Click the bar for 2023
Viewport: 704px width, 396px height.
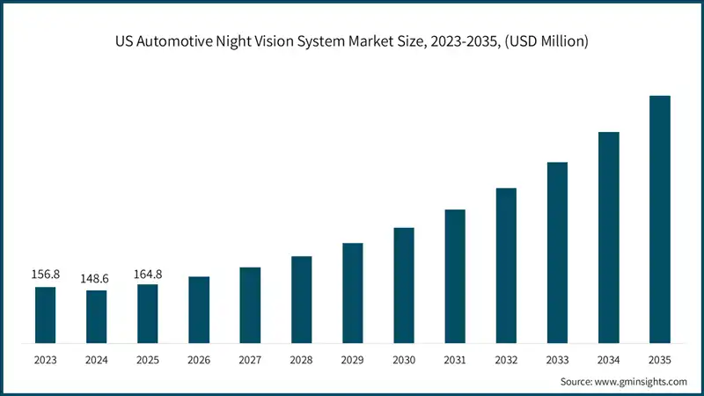point(45,314)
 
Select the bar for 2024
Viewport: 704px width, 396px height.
point(96,316)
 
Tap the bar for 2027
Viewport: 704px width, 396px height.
point(250,304)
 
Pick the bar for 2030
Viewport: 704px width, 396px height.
point(404,284)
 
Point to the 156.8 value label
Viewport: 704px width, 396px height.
point(45,275)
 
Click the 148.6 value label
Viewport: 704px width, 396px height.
point(96,278)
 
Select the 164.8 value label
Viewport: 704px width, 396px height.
point(148,272)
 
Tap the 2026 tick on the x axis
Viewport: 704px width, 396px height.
point(199,358)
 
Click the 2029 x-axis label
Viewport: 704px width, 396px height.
point(353,358)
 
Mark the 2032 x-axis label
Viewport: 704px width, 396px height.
point(506,358)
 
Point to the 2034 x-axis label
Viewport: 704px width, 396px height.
point(609,358)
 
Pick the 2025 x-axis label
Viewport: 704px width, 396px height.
point(148,358)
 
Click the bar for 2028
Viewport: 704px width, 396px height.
point(301,299)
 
